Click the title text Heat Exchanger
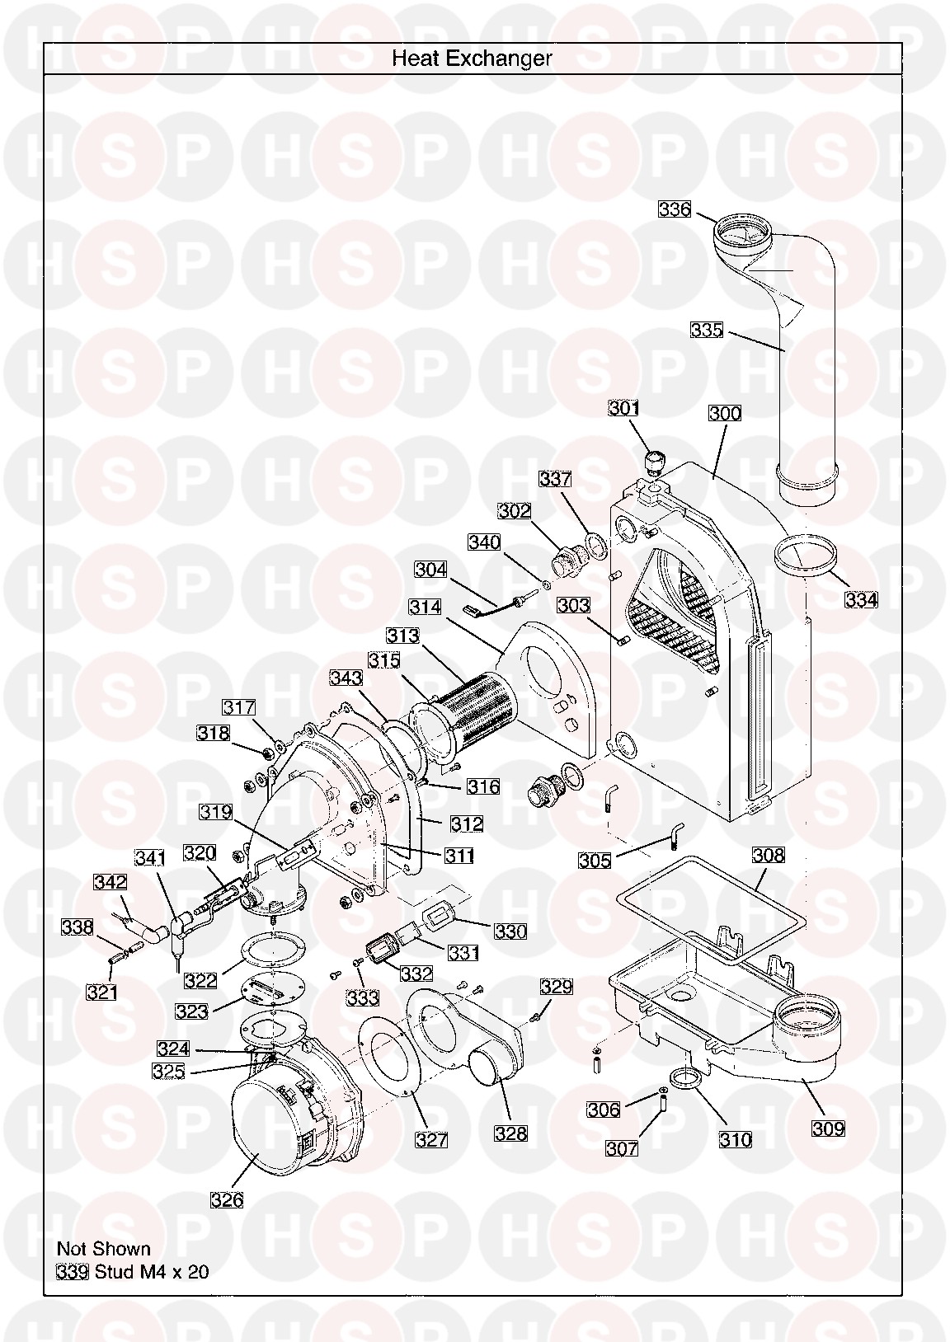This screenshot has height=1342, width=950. pyautogui.click(x=471, y=59)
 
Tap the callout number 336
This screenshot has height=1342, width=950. pyautogui.click(x=675, y=209)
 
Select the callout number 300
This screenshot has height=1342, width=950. pyautogui.click(x=725, y=413)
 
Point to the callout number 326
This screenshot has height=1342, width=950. pyautogui.click(x=227, y=1199)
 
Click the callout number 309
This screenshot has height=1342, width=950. pyautogui.click(x=828, y=1128)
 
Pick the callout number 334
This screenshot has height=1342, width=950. pyautogui.click(x=861, y=599)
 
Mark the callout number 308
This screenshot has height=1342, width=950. pyautogui.click(x=768, y=855)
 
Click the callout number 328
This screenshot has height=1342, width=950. pyautogui.click(x=510, y=1133)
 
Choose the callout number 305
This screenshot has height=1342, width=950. pyautogui.click(x=595, y=861)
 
